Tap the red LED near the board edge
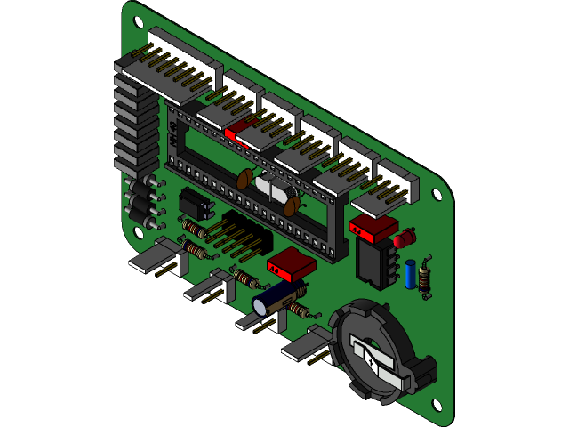(404, 239)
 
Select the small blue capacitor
(409, 273)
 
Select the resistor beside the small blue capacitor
(425, 274)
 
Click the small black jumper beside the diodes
(198, 204)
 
